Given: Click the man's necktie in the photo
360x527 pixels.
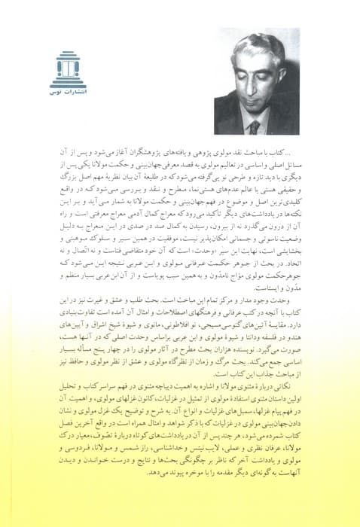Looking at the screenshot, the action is point(255,126).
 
